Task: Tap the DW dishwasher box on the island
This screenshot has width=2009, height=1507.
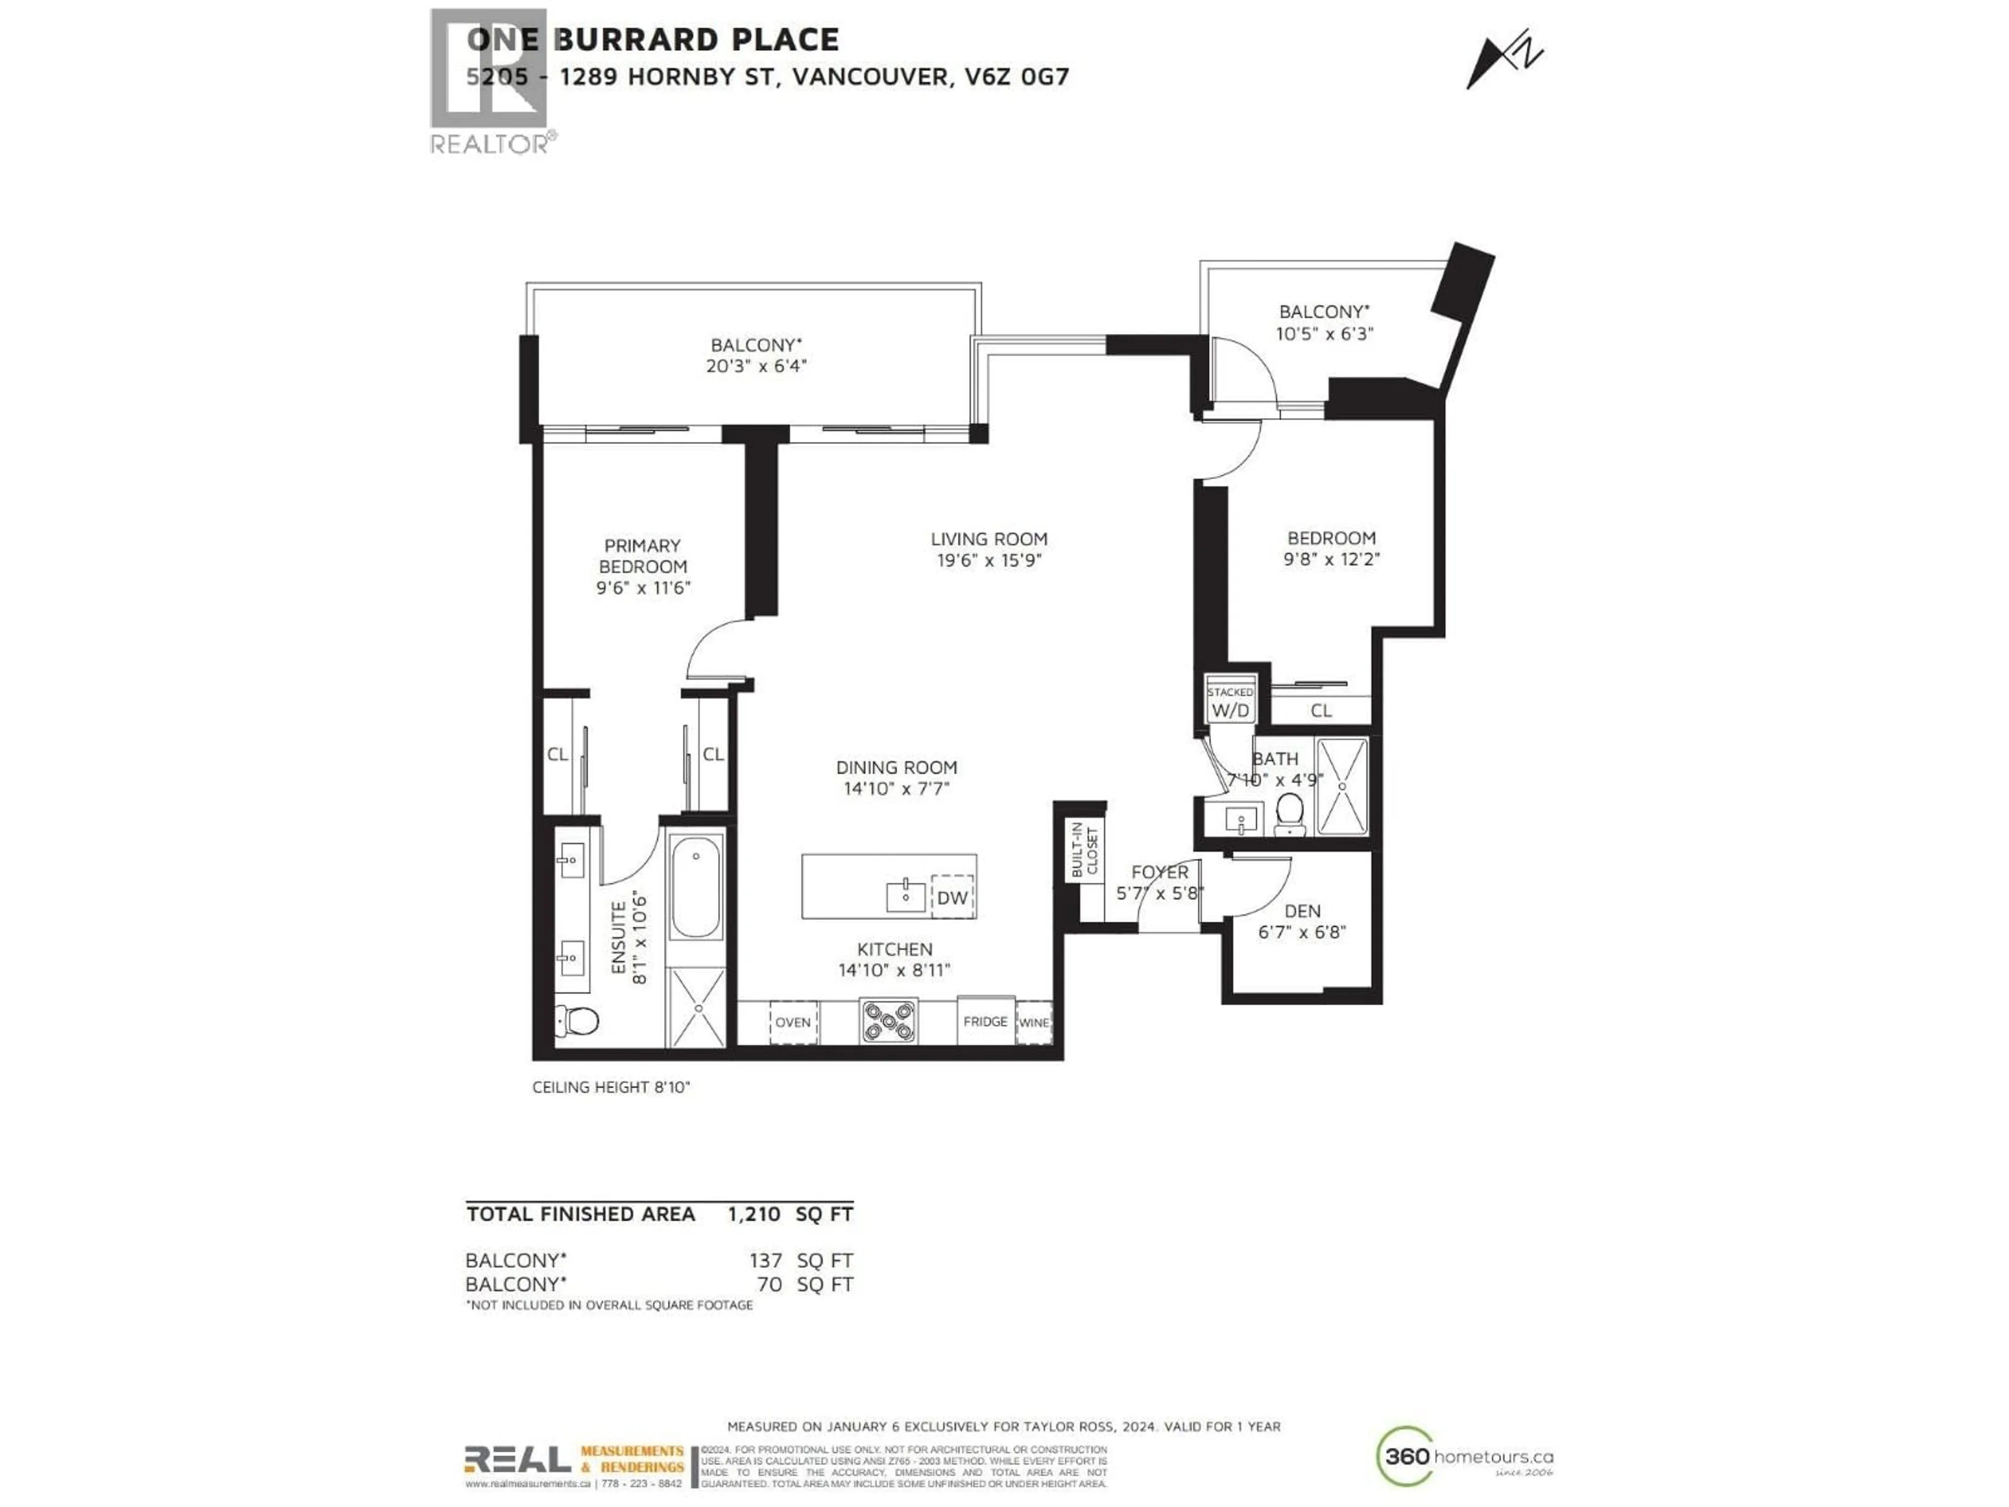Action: coord(952,897)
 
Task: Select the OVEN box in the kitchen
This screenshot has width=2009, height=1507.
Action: coord(793,1022)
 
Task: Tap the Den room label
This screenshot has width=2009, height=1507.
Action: coord(1302,911)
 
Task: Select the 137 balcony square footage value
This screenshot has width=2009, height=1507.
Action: coord(765,1261)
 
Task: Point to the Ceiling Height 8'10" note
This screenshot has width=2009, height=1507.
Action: coord(611,1087)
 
